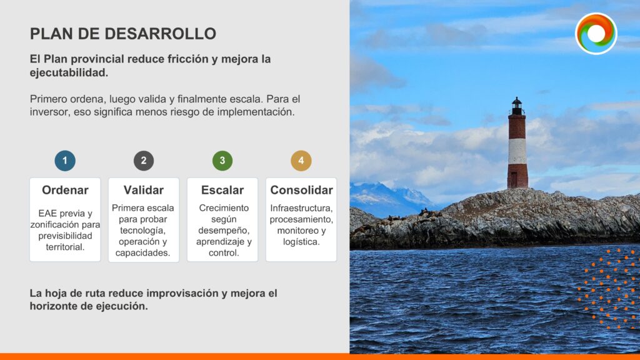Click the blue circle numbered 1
click(65, 161)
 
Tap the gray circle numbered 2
click(144, 161)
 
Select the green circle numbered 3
click(222, 161)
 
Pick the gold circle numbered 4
click(301, 161)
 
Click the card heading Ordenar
click(65, 190)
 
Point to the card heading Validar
click(144, 190)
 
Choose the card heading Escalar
click(222, 190)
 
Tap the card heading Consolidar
click(302, 190)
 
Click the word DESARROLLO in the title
click(161, 34)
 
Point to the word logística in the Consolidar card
click(301, 242)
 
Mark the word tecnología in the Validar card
click(143, 231)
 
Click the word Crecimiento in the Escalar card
click(224, 208)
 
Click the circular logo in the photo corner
click(596, 34)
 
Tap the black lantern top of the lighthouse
click(517, 106)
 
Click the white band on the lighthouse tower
click(517, 151)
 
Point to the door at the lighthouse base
click(514, 180)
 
